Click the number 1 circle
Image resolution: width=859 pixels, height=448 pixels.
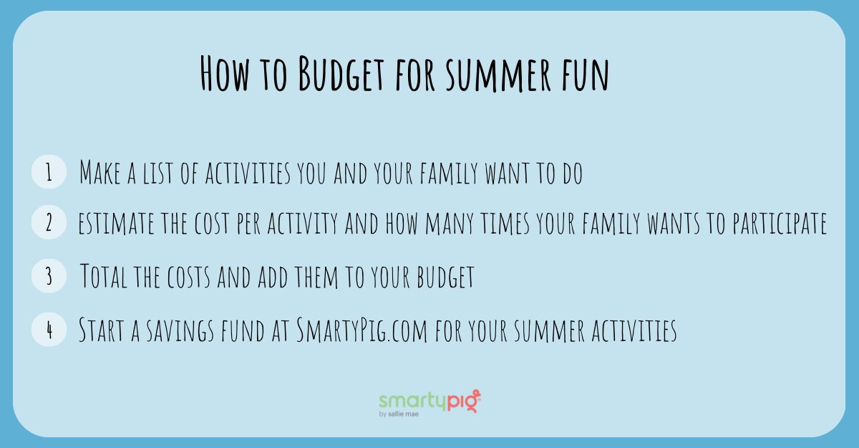click(49, 173)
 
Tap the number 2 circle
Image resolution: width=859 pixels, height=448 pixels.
click(49, 224)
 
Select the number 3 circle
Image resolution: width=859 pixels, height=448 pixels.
click(49, 277)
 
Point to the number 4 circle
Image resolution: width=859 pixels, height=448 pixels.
click(49, 330)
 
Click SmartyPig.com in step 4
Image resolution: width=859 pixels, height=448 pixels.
click(361, 330)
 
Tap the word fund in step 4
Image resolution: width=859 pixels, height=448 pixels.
click(246, 330)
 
